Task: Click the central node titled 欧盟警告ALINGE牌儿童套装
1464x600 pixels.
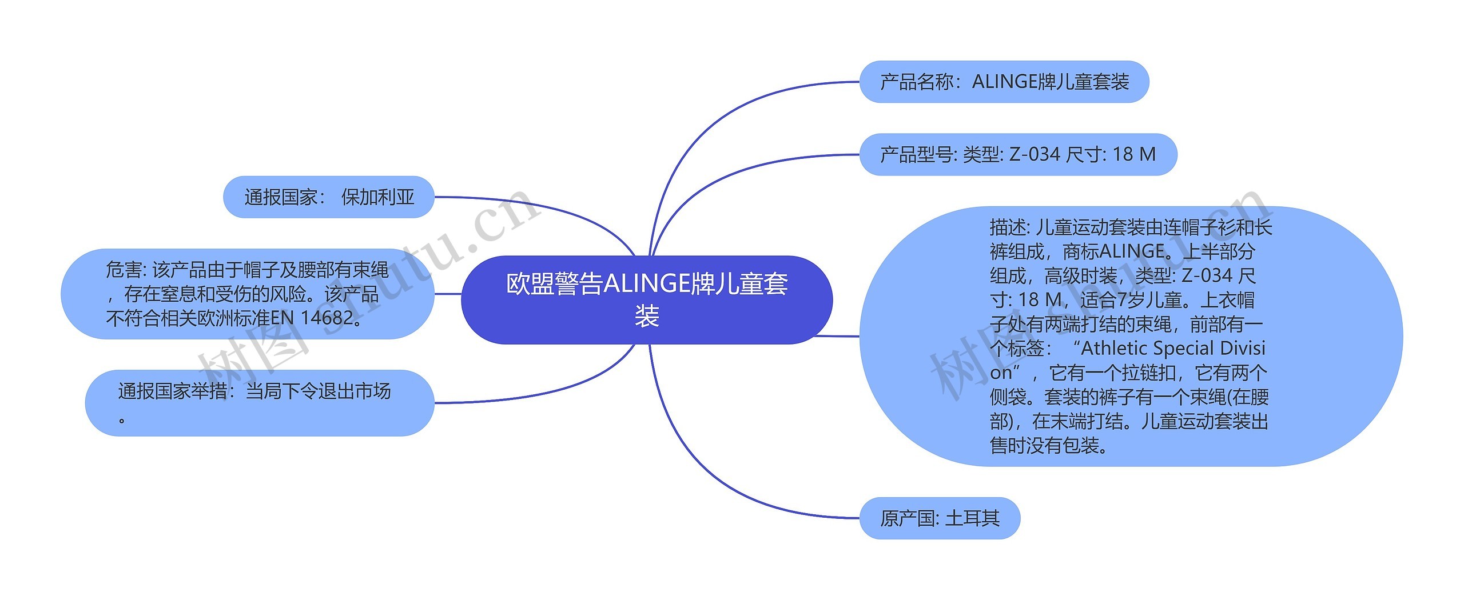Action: (x=647, y=299)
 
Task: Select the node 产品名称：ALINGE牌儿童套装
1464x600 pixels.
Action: (x=1004, y=82)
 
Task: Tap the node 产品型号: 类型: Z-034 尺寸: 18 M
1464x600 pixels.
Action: (x=1018, y=154)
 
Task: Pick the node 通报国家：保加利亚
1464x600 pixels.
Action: (x=329, y=197)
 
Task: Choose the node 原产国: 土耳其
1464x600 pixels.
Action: (x=940, y=518)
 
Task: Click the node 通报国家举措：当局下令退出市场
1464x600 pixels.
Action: (x=259, y=403)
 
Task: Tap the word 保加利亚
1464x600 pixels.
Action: (x=377, y=197)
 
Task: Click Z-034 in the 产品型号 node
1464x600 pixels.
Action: (x=1035, y=154)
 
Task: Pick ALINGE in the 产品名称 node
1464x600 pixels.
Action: (x=1004, y=82)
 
